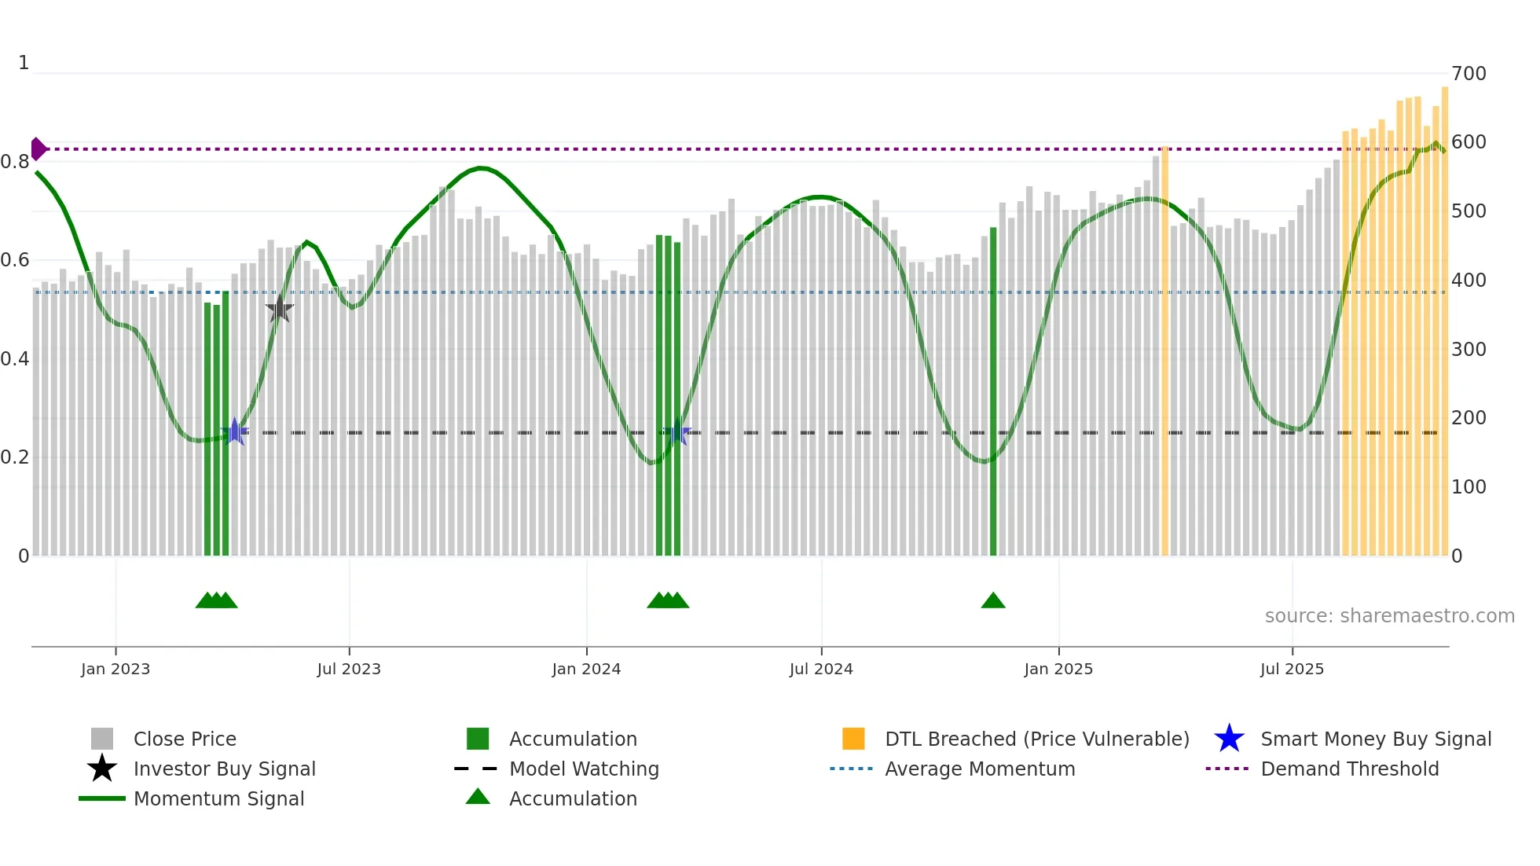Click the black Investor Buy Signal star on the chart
pos(279,310)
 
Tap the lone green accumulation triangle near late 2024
pos(993,601)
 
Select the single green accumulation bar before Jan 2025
pos(993,393)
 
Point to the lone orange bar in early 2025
pos(1164,354)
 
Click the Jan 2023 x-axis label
pos(115,670)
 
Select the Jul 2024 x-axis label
pos(821,670)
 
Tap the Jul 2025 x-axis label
pos(1292,670)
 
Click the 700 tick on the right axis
pos(1468,74)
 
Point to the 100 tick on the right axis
pos(1468,487)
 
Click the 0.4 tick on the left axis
pos(15,359)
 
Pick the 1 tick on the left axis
pos(24,63)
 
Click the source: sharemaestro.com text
pos(1389,616)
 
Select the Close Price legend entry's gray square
pos(102,739)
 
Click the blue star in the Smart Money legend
pos(1229,739)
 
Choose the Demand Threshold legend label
pos(1349,769)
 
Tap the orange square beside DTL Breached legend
pos(853,739)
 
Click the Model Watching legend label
pos(584,769)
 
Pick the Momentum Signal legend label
pos(218,799)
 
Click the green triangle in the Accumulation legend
pos(478,798)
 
